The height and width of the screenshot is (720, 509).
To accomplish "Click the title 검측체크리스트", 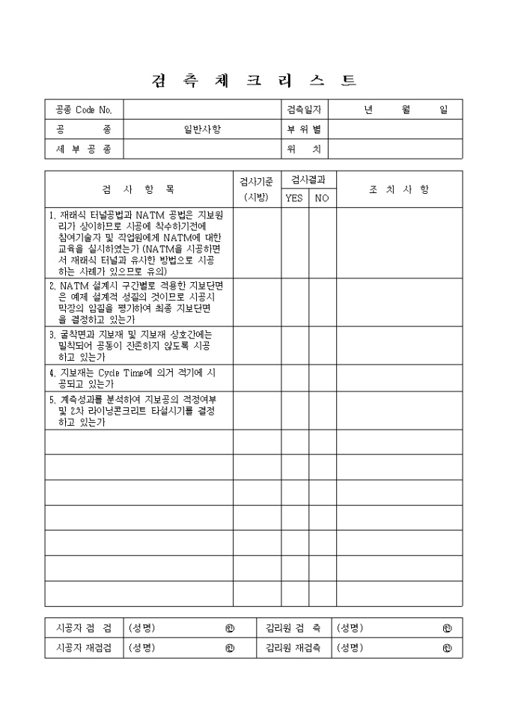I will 254,81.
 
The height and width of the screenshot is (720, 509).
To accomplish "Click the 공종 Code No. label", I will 84,109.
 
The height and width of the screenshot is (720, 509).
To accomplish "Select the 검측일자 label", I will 304,109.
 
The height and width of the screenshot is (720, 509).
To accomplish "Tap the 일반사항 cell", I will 202,129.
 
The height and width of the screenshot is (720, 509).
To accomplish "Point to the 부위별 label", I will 304,129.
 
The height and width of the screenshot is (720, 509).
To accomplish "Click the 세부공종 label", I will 84,150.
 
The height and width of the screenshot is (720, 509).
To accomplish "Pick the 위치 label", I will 304,150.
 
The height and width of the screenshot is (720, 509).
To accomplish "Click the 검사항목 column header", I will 138,189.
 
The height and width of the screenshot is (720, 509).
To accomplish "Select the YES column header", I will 294,198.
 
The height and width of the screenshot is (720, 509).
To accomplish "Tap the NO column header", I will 322,198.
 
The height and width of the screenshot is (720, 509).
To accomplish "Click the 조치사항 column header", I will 399,189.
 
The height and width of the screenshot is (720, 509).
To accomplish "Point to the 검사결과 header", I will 308,180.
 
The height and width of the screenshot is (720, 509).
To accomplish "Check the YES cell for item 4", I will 294,378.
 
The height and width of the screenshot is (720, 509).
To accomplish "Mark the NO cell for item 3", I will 322,345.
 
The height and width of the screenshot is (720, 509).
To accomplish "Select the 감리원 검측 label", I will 293,628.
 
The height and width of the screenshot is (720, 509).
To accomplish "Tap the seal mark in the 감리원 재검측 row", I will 447,648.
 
